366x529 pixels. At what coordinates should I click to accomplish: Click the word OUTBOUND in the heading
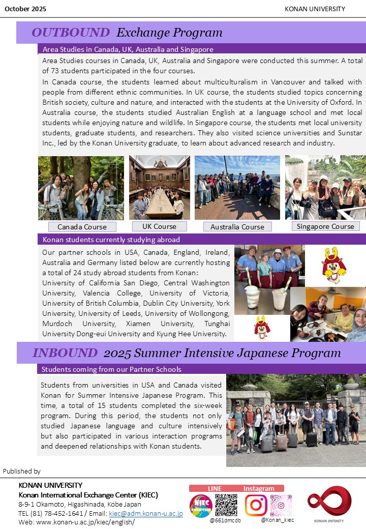click(70, 33)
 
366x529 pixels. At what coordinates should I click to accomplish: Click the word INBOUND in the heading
click(65, 352)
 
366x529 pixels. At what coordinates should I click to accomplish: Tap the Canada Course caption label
click(82, 227)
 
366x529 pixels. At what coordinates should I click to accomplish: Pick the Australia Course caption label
click(237, 227)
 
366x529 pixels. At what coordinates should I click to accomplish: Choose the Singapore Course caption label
click(325, 226)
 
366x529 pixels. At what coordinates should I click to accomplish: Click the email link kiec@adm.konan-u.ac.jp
click(146, 514)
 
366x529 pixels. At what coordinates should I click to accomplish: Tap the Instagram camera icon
click(256, 505)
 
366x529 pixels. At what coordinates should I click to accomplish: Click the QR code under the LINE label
click(226, 505)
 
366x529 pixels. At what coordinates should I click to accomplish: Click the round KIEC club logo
click(201, 506)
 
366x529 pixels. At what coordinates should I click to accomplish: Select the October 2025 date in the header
click(25, 9)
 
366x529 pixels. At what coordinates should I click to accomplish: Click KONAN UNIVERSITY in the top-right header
click(315, 9)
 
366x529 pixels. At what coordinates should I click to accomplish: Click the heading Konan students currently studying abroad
click(111, 240)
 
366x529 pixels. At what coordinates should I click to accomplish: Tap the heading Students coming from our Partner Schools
click(111, 369)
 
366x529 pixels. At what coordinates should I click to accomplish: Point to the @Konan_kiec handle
click(277, 520)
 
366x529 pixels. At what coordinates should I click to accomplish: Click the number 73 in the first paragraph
click(63, 71)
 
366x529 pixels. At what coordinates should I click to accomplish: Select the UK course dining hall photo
click(160, 187)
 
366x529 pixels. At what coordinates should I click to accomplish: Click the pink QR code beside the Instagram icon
click(281, 505)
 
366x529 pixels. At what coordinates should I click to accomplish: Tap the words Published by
click(22, 472)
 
